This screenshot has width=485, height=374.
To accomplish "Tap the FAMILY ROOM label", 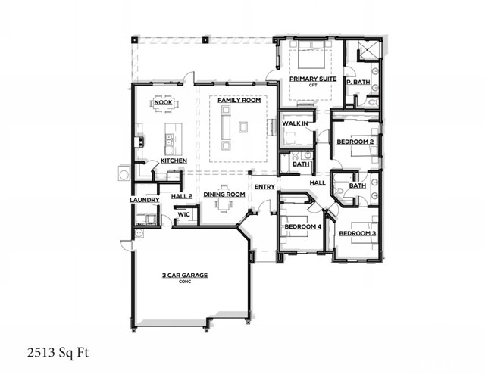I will tap(239, 101).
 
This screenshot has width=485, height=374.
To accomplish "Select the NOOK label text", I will tap(163, 101).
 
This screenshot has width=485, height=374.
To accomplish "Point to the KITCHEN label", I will tap(174, 161).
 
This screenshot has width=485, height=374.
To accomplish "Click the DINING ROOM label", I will tap(224, 195).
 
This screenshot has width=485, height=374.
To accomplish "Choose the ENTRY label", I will tap(264, 187).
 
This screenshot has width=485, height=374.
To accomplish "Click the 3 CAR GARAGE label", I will tap(185, 275).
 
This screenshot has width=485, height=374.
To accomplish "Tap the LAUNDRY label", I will tap(144, 200).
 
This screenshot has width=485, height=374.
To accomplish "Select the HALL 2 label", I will tap(182, 195).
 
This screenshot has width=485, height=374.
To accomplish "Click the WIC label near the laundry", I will tap(183, 214).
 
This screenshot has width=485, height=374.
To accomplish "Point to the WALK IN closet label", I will tap(294, 123).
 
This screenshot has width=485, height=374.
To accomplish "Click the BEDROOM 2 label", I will tap(355, 142).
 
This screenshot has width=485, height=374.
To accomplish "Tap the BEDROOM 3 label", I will tap(357, 233).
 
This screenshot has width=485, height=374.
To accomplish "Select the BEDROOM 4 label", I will tap(302, 226).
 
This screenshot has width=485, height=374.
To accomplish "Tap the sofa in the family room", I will tap(224, 124).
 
